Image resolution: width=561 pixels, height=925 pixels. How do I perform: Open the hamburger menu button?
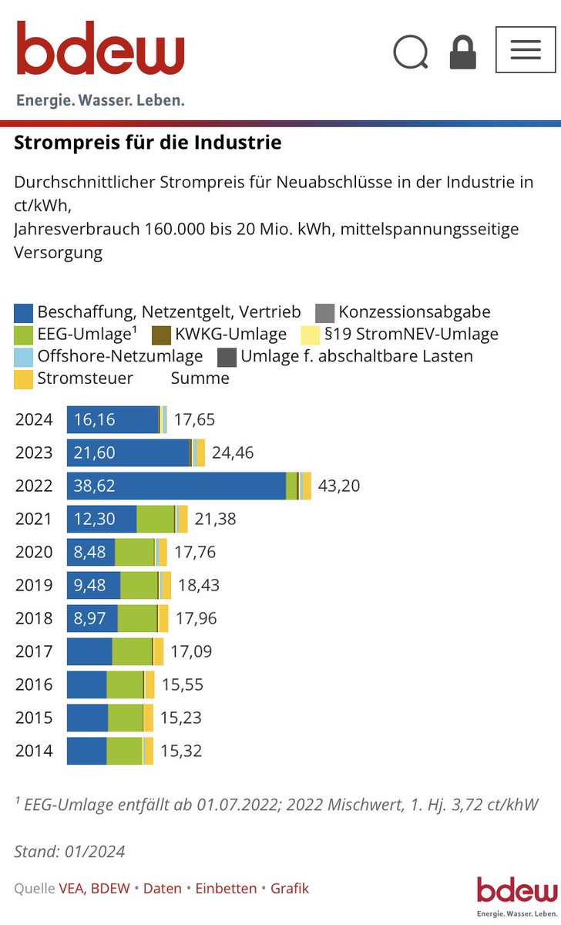pos(525,49)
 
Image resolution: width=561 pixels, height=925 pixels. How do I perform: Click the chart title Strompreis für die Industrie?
pos(148,143)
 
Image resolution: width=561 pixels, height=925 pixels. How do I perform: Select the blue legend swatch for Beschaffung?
pos(24,313)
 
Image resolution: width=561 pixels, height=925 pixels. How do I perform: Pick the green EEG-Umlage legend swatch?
pos(24,335)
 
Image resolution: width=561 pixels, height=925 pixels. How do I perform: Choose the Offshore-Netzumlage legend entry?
pos(119,356)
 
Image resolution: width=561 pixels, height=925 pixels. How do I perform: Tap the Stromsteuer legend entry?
pos(85,378)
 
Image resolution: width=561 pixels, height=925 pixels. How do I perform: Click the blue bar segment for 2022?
pos(176,486)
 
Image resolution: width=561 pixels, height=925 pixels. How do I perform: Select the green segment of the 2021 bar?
pos(156,520)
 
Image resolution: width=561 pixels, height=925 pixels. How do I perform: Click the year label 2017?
pos(34,652)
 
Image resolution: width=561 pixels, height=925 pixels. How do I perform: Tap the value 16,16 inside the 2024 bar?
pos(95,419)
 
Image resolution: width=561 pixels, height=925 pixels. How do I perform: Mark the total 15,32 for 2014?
pos(181,751)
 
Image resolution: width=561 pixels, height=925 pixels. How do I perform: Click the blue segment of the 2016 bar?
pos(86,684)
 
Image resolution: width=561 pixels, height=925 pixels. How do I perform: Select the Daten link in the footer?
pos(163,888)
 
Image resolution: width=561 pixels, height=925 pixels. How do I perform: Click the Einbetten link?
pos(226,888)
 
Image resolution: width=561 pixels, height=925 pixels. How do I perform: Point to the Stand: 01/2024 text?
pos(69,852)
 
